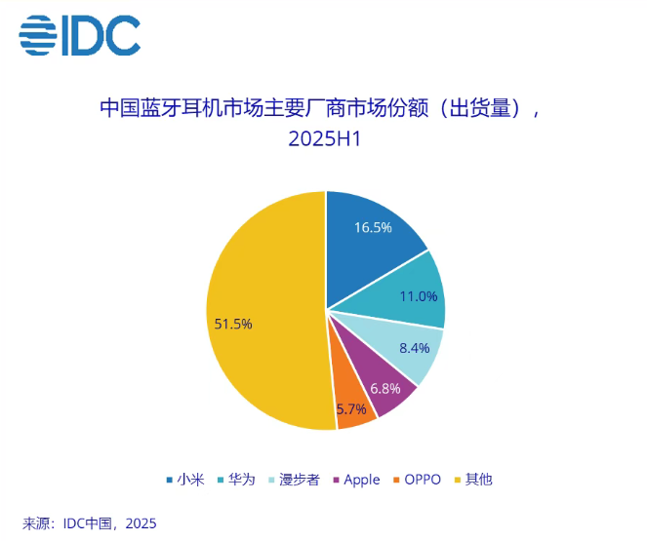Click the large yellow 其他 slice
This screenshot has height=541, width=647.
263,312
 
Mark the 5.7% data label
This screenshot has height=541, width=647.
351,409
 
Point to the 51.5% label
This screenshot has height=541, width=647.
233,324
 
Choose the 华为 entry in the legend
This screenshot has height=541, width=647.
240,480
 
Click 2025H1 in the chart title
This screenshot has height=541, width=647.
324,138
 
